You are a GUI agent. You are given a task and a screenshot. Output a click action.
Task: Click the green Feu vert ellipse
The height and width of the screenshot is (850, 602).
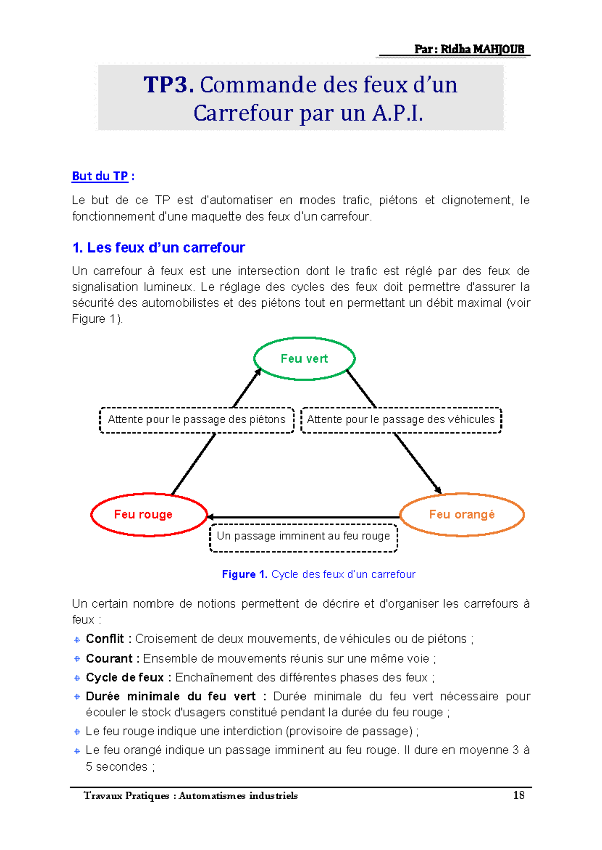[305, 359]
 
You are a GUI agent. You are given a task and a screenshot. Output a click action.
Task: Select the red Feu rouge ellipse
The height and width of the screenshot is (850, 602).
[149, 515]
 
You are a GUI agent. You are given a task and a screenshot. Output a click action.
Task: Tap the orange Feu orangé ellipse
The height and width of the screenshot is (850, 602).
[462, 515]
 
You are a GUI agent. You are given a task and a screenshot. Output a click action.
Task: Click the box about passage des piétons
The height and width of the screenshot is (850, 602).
[197, 420]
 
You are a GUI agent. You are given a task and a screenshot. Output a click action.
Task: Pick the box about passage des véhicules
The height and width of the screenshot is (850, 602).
[401, 420]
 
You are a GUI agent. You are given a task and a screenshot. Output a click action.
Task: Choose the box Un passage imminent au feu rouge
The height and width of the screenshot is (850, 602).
[303, 537]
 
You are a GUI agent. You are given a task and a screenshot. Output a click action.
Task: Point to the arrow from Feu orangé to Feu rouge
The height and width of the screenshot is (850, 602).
[304, 517]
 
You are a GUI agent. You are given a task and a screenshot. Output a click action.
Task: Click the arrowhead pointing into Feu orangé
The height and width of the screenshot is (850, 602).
[438, 490]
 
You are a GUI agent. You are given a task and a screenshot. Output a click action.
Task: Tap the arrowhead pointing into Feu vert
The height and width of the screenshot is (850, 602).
[258, 372]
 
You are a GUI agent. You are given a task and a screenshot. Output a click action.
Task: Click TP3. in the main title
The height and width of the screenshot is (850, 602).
[169, 85]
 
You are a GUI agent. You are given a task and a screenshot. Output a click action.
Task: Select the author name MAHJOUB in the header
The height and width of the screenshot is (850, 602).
[498, 49]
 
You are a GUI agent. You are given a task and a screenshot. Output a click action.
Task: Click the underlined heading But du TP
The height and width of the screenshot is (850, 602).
[100, 176]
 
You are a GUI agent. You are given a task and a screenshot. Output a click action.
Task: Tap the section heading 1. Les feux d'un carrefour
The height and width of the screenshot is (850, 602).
[159, 248]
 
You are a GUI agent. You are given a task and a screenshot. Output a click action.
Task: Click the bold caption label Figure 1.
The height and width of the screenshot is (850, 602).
[244, 574]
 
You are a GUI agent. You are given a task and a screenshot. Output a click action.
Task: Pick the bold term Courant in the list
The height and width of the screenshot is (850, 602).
[109, 658]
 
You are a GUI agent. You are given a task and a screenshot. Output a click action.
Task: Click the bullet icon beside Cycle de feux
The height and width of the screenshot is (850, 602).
[77, 678]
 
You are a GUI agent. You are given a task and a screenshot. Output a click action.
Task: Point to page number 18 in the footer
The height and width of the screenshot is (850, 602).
[518, 795]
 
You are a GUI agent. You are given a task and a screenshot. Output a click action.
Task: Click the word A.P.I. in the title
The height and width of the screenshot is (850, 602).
[397, 113]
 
